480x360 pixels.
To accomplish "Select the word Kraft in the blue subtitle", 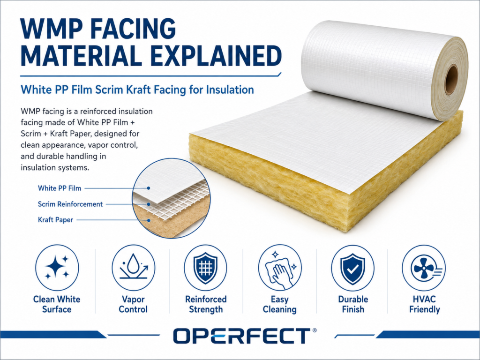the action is (167, 90).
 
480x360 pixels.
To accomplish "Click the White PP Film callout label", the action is (60, 188).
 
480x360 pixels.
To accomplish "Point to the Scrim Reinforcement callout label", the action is (70, 204).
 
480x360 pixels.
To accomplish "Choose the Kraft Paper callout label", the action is (55, 220).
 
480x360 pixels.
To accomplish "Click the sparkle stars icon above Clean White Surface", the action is (57, 267).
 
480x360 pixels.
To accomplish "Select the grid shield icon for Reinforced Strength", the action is (205, 268).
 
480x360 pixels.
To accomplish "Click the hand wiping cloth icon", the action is (279, 270).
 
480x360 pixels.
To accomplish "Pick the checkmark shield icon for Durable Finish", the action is (352, 269).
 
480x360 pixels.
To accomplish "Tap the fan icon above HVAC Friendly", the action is (424, 268).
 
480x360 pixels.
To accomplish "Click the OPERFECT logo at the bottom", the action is (242, 336).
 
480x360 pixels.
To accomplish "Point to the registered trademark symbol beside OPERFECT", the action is (315, 330).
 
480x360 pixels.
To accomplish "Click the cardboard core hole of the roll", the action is (451, 79).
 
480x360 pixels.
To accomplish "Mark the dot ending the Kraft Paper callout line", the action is (149, 220).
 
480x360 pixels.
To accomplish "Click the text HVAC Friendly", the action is (424, 304).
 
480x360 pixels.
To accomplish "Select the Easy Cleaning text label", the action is (279, 304).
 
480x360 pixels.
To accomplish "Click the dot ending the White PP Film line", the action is (149, 188).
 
